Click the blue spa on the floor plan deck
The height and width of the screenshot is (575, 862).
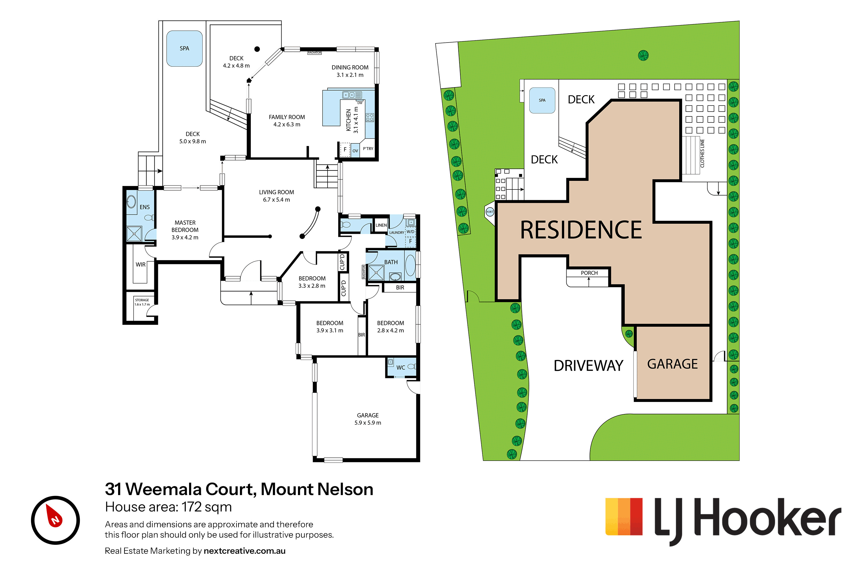tap(184, 48)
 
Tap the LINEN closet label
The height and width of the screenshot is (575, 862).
tap(381, 225)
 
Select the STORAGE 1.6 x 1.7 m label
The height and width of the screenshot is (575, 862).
tap(142, 302)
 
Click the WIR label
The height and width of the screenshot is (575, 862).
tap(141, 265)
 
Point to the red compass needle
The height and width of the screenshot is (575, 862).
tap(54, 515)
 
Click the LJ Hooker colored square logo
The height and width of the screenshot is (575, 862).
tap(624, 516)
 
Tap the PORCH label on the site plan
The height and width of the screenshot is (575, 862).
tap(589, 273)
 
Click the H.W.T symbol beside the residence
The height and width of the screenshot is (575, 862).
tap(490, 212)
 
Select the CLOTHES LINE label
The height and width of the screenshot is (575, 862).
tap(702, 153)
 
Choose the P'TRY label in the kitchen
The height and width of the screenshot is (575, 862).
tap(368, 149)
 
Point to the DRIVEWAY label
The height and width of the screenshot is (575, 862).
tap(588, 366)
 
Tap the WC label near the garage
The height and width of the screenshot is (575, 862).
tap(401, 367)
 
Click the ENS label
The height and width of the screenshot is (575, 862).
tap(145, 207)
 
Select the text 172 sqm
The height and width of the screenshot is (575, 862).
tap(207, 507)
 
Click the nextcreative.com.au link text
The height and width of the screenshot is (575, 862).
tap(245, 551)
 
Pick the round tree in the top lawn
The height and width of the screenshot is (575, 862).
tap(643, 55)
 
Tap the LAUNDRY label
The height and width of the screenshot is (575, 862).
tap(397, 233)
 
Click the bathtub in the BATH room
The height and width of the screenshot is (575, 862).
tap(411, 265)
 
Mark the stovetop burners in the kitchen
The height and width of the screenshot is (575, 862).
tap(370, 117)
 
